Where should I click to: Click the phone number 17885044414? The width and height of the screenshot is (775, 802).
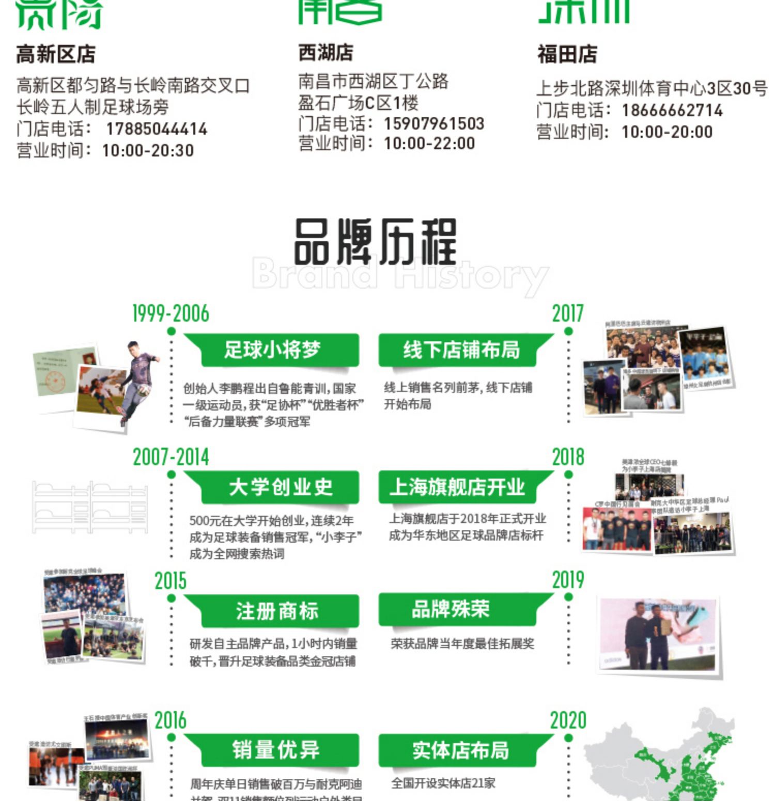pyautogui.click(x=157, y=129)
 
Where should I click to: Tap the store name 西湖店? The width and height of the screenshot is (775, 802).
pyautogui.click(x=326, y=53)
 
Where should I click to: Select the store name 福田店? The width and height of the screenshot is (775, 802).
pyautogui.click(x=567, y=54)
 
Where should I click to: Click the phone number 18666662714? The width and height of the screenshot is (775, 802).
pyautogui.click(x=672, y=111)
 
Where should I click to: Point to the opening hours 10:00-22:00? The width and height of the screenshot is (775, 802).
pyautogui.click(x=429, y=144)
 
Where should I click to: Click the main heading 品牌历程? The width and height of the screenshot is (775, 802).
pyautogui.click(x=376, y=242)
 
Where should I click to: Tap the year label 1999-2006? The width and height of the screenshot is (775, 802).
pyautogui.click(x=171, y=313)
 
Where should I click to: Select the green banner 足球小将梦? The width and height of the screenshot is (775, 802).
pyautogui.click(x=272, y=350)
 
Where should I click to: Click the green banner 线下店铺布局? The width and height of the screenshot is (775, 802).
pyautogui.click(x=461, y=350)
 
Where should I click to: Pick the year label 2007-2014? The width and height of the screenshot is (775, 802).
pyautogui.click(x=171, y=457)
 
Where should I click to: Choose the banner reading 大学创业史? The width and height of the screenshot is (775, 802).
pyautogui.click(x=280, y=487)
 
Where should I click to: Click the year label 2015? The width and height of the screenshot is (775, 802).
pyautogui.click(x=171, y=581)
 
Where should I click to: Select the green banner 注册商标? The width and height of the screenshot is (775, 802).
pyautogui.click(x=277, y=611)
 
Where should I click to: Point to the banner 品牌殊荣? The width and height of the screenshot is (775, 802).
pyautogui.click(x=450, y=609)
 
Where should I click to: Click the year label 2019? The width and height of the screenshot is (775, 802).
pyautogui.click(x=568, y=580)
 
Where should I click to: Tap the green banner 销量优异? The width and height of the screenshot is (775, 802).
pyautogui.click(x=276, y=750)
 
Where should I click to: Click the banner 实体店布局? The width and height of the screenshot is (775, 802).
pyautogui.click(x=460, y=750)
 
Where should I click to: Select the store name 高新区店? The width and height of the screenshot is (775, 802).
pyautogui.click(x=56, y=54)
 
